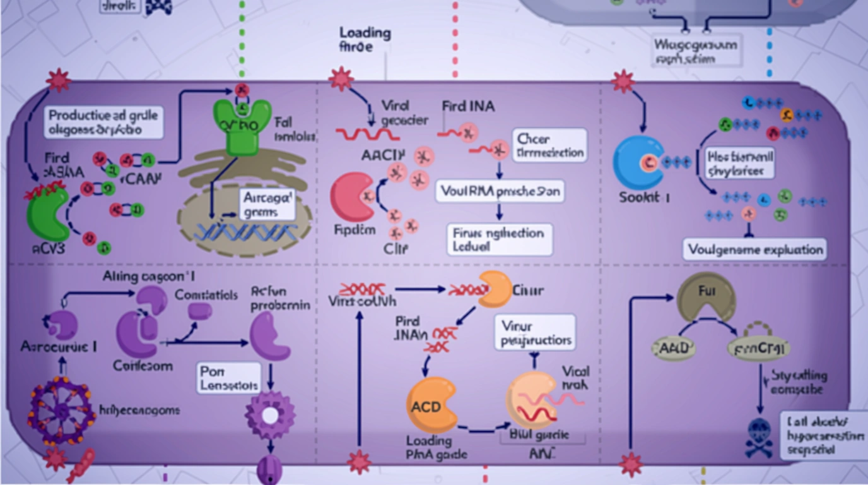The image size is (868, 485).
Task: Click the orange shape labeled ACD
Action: [x=431, y=405]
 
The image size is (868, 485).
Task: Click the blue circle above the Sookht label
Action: [x=638, y=162]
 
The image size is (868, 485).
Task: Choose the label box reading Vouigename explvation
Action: [x=754, y=249]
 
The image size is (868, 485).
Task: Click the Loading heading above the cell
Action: [x=365, y=33]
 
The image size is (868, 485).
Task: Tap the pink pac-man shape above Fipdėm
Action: [x=353, y=196]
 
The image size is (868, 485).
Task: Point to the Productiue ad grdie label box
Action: [x=104, y=123]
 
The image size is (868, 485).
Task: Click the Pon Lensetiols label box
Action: [x=228, y=377]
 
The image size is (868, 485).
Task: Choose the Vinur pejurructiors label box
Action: [x=535, y=333]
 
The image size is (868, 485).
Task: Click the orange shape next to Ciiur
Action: [x=495, y=289]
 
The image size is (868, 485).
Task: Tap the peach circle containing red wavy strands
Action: [x=531, y=400]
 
